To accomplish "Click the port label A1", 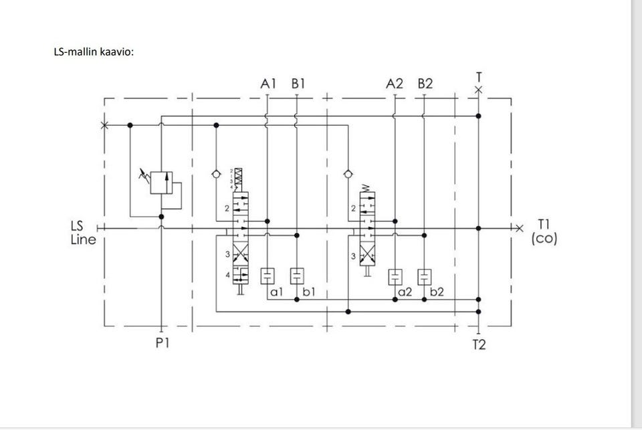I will [x=268, y=84].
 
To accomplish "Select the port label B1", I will [x=298, y=84].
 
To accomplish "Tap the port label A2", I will [x=395, y=84].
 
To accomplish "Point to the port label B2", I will [x=425, y=84].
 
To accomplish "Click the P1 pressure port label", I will [x=163, y=344].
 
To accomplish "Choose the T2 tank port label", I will [x=479, y=345].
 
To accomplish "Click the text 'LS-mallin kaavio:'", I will [x=94, y=52].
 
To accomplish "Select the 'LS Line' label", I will [x=83, y=233].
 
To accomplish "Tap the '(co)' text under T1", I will [x=544, y=239].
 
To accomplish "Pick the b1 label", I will [x=308, y=292].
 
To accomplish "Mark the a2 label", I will [x=405, y=292].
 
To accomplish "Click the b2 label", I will [x=436, y=292].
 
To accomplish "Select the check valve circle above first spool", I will [x=215, y=174].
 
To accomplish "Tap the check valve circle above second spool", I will [x=347, y=174].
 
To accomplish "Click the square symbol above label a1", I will [x=267, y=276].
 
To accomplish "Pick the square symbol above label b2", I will [x=425, y=276].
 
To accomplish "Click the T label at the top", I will [x=478, y=77].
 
